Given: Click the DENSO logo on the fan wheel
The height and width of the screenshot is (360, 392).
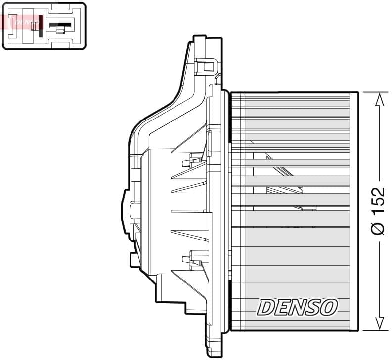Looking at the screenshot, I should (x=297, y=307).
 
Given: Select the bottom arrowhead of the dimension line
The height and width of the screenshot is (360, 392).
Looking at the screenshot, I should (x=379, y=323).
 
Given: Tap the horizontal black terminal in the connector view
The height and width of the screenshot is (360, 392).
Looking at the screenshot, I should (x=61, y=25).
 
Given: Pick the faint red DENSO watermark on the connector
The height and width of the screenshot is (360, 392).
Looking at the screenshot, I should (x=22, y=22).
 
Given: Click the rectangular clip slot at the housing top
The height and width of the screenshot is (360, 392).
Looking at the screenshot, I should (x=205, y=66).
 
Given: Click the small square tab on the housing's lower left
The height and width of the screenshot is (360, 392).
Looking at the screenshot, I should (x=133, y=259).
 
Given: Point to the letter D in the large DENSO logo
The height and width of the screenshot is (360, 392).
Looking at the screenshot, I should (x=265, y=308).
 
